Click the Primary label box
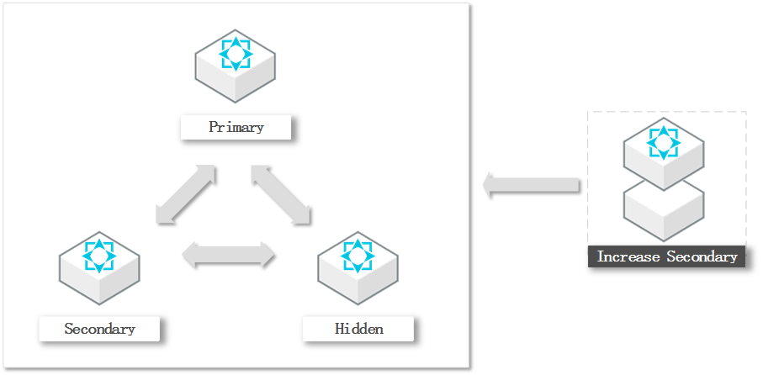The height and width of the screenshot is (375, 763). pos(236,128)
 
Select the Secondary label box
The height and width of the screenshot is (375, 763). pos(99,329)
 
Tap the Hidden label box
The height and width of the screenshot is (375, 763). pos(358,329)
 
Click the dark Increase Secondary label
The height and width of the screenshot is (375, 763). pos(667,256)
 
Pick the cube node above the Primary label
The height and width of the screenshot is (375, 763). pos(236,67)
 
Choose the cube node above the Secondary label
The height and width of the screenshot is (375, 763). pos(99,267)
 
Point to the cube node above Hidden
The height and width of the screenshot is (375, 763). pos(358,267)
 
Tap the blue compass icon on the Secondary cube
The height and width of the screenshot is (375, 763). pos(99,255)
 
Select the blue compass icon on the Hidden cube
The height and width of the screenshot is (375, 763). pos(358,255)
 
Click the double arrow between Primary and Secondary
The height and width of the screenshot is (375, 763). pos(186,195)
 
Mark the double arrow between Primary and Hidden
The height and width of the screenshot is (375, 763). pos(281,195)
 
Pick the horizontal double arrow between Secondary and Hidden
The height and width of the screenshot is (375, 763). pos(229,255)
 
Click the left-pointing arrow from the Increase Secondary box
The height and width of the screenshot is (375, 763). pos(533,184)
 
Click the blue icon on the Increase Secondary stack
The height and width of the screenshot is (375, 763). pos(664,142)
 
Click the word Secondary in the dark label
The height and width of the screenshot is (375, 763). pos(702,256)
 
